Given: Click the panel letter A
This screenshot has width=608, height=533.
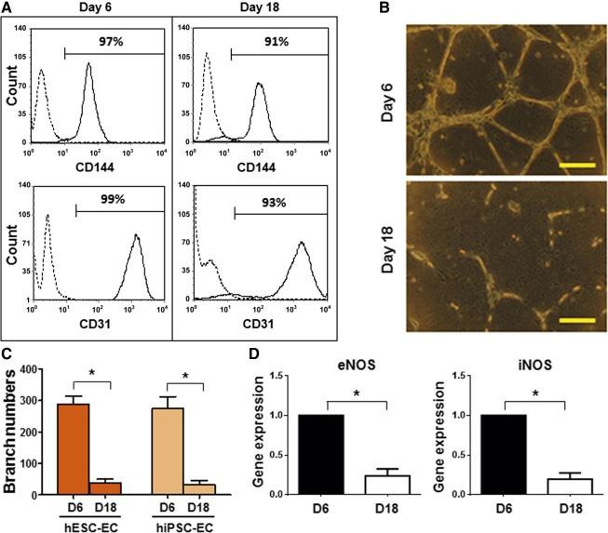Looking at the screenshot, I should [7, 7].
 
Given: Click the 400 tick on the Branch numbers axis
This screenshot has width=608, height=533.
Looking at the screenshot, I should [56, 371].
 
